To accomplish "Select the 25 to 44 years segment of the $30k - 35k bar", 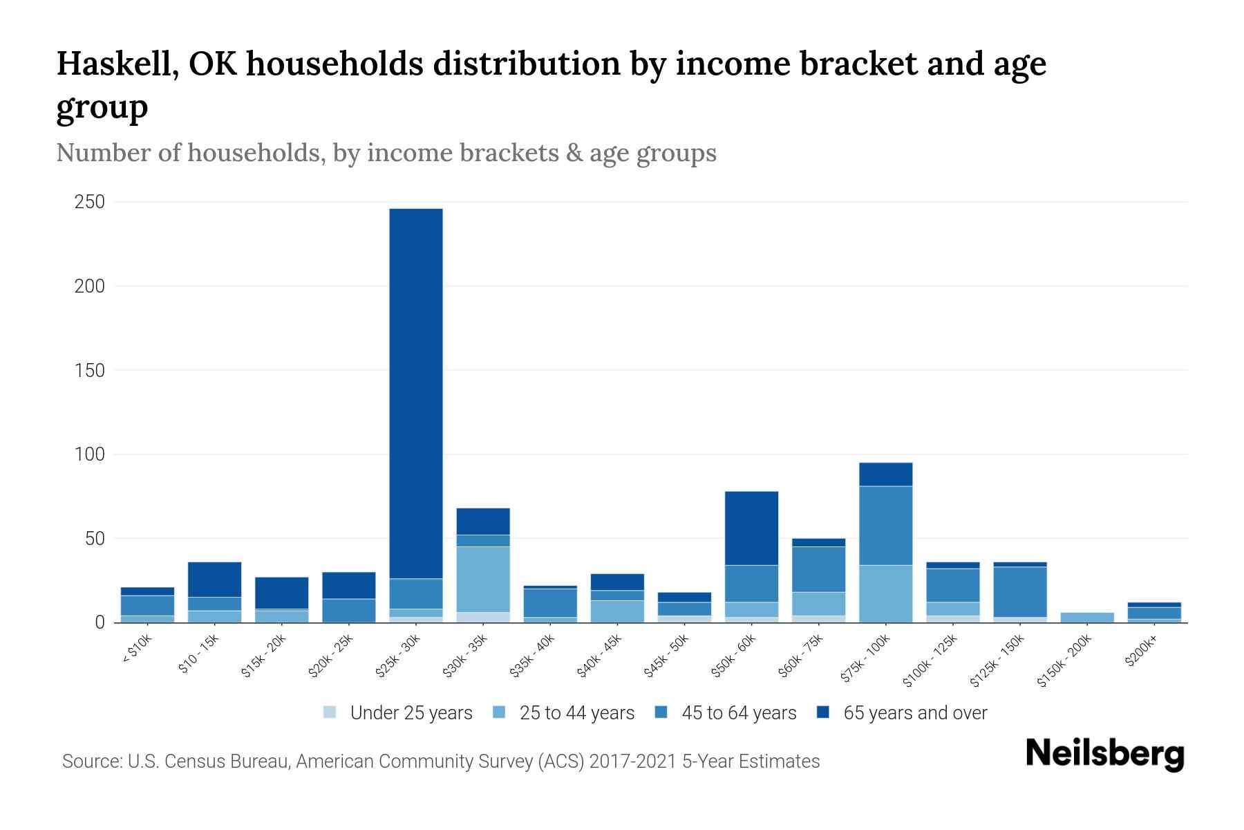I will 483,579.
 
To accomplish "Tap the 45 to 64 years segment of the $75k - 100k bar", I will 886,526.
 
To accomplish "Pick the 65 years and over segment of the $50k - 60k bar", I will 752,528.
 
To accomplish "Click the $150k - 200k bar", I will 1087,617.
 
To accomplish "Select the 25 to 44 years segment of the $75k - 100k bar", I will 886,593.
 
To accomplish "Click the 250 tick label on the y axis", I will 90,202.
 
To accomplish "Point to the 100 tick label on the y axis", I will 90,454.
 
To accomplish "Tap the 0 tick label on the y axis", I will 100,622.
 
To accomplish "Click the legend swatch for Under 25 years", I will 330,712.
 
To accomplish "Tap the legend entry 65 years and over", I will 914,713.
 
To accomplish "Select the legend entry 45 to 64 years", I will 738,713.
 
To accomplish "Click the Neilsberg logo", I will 1104,753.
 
